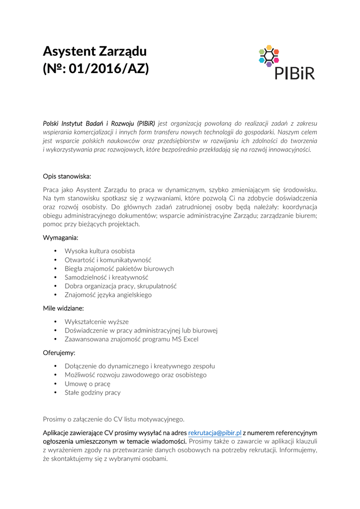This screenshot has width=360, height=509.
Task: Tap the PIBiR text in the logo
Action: pos(295,72)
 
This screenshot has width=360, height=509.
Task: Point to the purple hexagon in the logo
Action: pos(269,64)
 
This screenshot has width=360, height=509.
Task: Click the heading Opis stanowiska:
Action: pos(67,176)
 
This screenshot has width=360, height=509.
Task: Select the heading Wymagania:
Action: pos(61,238)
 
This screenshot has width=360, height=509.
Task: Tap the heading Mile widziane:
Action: pos(63,308)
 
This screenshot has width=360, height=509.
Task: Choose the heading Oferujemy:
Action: pos(59,353)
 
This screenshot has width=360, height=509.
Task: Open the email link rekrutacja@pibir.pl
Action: pos(215,433)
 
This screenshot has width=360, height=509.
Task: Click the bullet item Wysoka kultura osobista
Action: pos(99,251)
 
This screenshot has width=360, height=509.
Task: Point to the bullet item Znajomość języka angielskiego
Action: pos(108,295)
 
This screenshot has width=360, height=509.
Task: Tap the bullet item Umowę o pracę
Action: pos(88,384)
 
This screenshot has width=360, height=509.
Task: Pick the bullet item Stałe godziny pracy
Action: pos(92,393)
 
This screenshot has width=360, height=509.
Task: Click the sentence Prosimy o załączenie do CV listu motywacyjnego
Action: pos(113,419)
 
